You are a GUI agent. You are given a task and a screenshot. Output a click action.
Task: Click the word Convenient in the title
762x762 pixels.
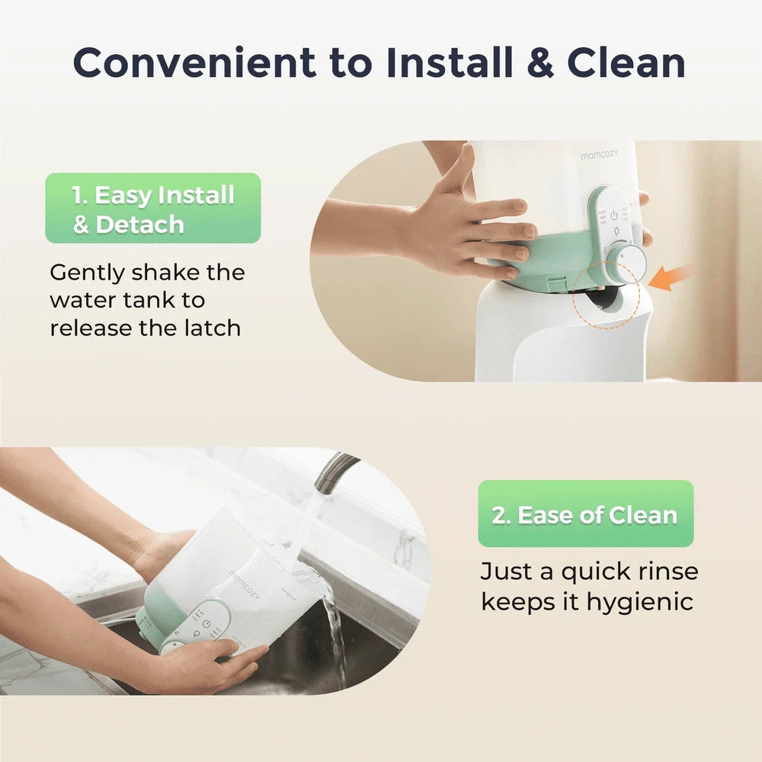pyautogui.click(x=194, y=62)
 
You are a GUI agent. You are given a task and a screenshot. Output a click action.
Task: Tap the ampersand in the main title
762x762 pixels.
pyautogui.click(x=539, y=62)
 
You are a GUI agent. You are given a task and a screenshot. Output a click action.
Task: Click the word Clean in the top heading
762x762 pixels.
pyautogui.click(x=626, y=62)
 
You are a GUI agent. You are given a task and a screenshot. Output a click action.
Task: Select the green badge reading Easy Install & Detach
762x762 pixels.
pyautogui.click(x=153, y=208)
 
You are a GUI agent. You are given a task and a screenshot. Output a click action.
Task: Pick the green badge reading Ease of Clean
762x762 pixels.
pyautogui.click(x=585, y=514)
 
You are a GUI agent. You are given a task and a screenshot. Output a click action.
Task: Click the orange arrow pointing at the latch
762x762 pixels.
pyautogui.click(x=671, y=277)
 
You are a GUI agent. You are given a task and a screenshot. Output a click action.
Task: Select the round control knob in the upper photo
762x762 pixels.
pyautogui.click(x=627, y=262)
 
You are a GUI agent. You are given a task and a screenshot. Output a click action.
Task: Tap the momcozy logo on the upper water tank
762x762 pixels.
pyautogui.click(x=599, y=155)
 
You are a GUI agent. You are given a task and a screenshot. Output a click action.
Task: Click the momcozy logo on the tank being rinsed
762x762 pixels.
pyautogui.click(x=245, y=584)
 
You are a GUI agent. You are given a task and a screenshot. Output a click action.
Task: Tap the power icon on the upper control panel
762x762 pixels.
pyautogui.click(x=613, y=215)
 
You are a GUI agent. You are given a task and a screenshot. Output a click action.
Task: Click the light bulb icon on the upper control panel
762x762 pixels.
pyautogui.click(x=616, y=232)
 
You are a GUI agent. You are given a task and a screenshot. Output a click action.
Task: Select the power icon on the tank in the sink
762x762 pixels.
pyautogui.click(x=207, y=624)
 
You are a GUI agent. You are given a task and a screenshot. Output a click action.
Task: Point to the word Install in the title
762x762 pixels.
pyautogui.click(x=450, y=62)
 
